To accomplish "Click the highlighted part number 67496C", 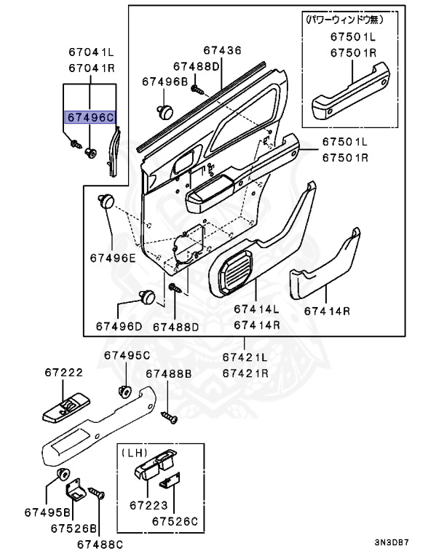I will pos(90,116).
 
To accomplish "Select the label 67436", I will pos(222,50).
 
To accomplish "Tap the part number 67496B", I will pos(165,82).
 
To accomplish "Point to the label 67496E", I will pos(113,258).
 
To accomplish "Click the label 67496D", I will pos(119,327).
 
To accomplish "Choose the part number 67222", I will pos(63,372).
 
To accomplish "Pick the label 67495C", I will pos(126,355).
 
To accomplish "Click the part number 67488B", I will pos(168,373).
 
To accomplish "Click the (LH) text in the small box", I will pos(135,452).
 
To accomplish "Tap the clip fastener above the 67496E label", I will pos(107,201).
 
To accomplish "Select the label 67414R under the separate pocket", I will pos(328,311).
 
